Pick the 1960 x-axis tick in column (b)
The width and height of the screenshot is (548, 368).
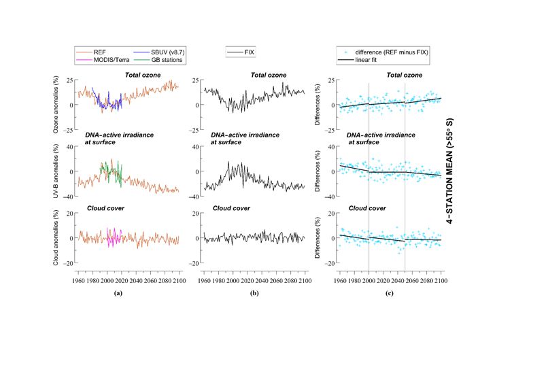coord(204,279)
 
